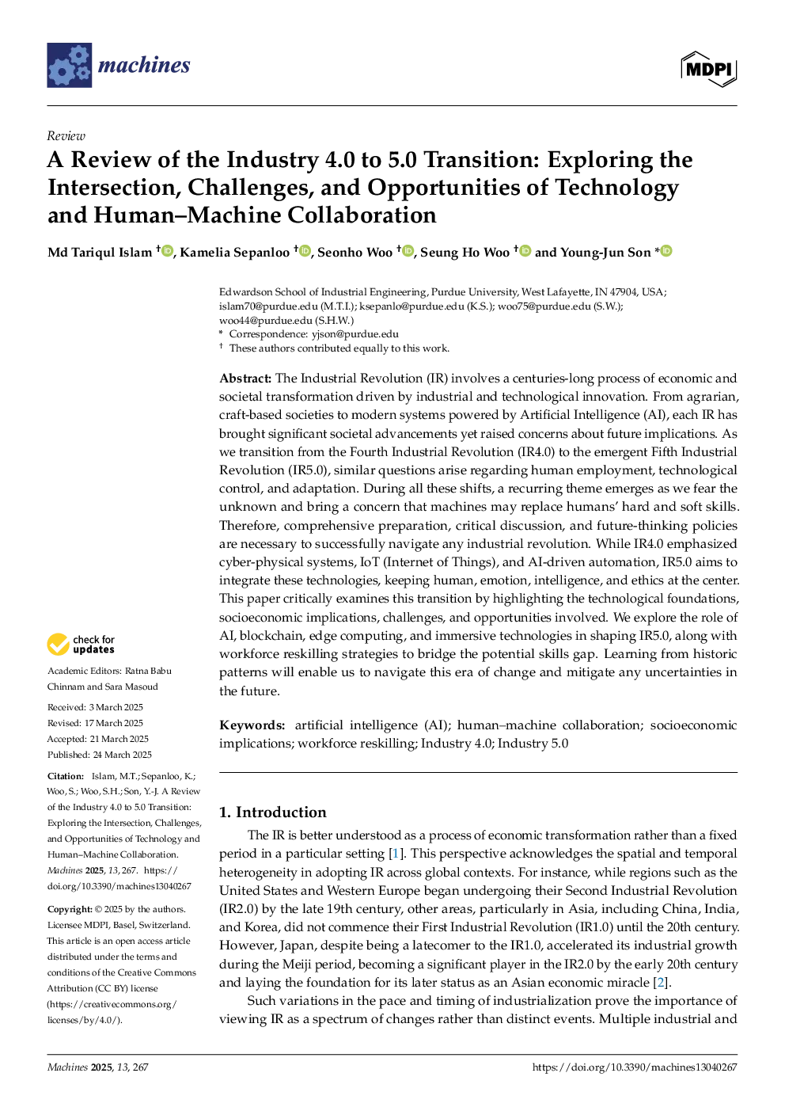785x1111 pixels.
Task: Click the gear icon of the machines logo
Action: click(70, 66)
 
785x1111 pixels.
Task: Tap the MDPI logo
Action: click(709, 69)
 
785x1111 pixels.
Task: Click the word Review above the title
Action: click(66, 136)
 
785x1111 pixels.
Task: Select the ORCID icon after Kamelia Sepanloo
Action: click(305, 251)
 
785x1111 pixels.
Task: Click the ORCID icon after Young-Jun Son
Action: click(666, 251)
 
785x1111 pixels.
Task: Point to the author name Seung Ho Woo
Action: click(465, 253)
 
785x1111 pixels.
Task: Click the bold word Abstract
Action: click(245, 379)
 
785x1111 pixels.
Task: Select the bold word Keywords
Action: click(252, 725)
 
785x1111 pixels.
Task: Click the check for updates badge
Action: click(81, 645)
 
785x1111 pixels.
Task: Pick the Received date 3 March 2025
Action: click(116, 707)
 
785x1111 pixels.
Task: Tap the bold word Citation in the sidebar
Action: click(66, 776)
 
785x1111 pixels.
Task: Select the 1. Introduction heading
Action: click(272, 812)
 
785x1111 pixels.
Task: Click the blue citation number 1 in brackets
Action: click(395, 854)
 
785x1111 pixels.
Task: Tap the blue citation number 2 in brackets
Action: click(659, 982)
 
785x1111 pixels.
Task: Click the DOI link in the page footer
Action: click(635, 1067)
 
